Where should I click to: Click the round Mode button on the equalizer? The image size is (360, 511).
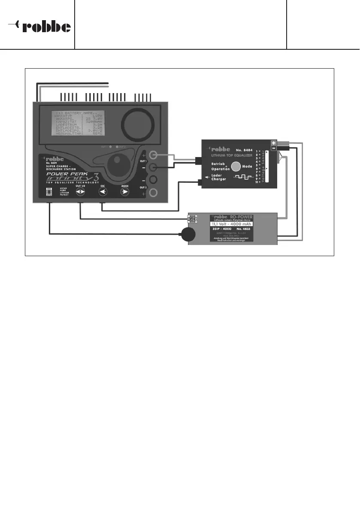tap(236, 166)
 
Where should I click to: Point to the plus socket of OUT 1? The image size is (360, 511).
tap(152, 155)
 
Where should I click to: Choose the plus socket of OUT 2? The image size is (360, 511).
tap(152, 193)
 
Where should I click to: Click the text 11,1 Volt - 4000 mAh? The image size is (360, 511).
tap(231, 224)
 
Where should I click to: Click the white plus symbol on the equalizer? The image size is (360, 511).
tap(273, 144)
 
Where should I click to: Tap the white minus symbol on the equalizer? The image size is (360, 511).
tap(273, 149)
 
